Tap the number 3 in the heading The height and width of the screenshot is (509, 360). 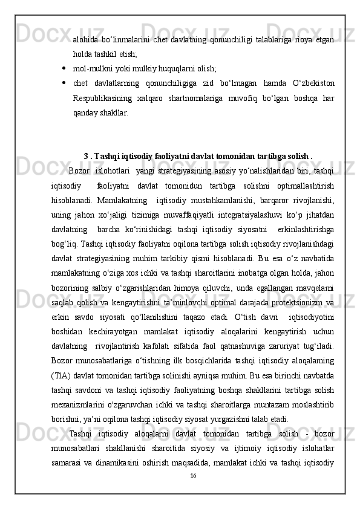(x=86, y=154)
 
